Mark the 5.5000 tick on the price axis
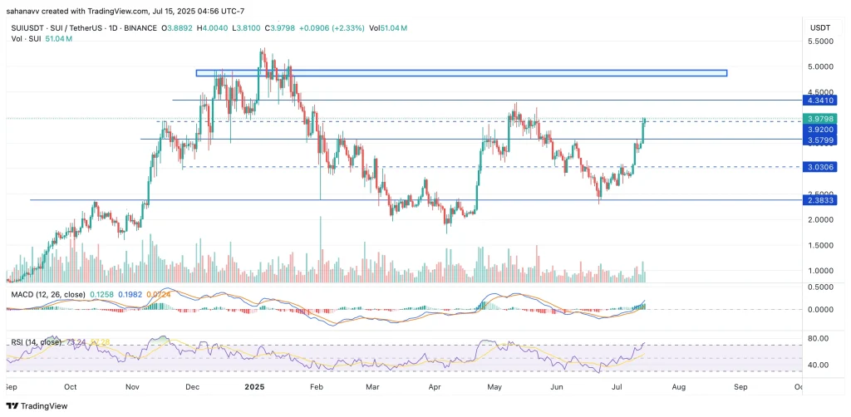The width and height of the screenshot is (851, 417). coord(821,42)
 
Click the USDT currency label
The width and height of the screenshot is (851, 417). coord(821,27)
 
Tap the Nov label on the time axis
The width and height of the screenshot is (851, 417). coord(132,387)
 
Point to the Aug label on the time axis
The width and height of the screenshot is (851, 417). coord(679,387)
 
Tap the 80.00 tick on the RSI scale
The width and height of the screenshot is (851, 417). coord(820,339)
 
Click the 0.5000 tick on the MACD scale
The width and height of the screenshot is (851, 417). coord(821,287)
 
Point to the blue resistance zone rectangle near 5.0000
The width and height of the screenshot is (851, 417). coord(461,73)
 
